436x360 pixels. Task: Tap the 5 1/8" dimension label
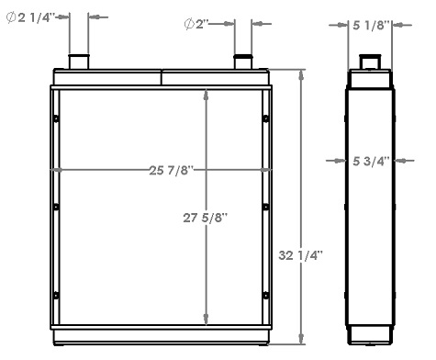pyautogui.click(x=372, y=25)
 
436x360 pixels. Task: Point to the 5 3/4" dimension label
pyautogui.click(x=371, y=161)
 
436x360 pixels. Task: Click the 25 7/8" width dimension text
pyautogui.click(x=167, y=170)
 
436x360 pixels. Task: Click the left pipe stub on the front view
pyautogui.click(x=79, y=62)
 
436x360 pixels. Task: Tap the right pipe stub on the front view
pyautogui.click(x=243, y=62)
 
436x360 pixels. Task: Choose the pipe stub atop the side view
pyautogui.click(x=371, y=62)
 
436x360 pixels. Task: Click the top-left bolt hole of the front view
pyautogui.click(x=57, y=118)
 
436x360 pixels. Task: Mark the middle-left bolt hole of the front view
pyautogui.click(x=57, y=206)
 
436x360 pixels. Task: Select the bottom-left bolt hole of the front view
pyautogui.click(x=57, y=294)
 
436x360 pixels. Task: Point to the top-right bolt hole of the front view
pyautogui.click(x=265, y=118)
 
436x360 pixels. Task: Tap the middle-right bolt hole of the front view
pyautogui.click(x=265, y=206)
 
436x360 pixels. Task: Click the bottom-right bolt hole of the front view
pyautogui.click(x=265, y=294)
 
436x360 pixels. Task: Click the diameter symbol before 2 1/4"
pyautogui.click(x=11, y=17)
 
